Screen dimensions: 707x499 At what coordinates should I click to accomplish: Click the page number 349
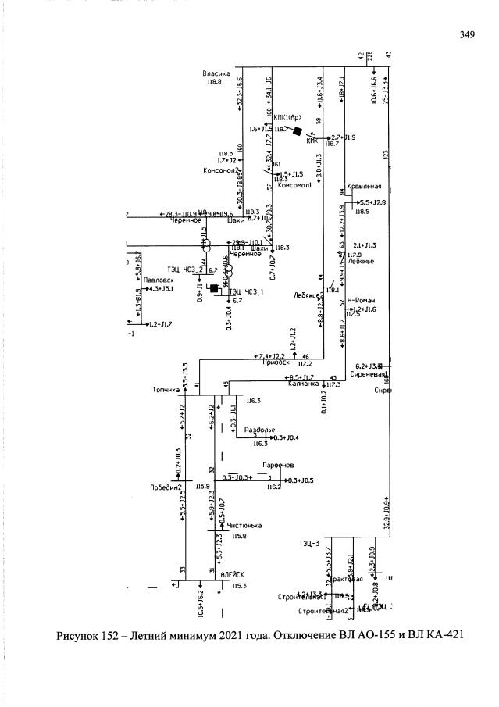click(x=467, y=34)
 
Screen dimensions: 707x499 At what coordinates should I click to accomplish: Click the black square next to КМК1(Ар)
click(x=298, y=132)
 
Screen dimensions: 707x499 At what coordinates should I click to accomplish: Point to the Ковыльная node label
click(x=365, y=187)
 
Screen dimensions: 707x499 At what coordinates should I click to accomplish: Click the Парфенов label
click(x=277, y=464)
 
